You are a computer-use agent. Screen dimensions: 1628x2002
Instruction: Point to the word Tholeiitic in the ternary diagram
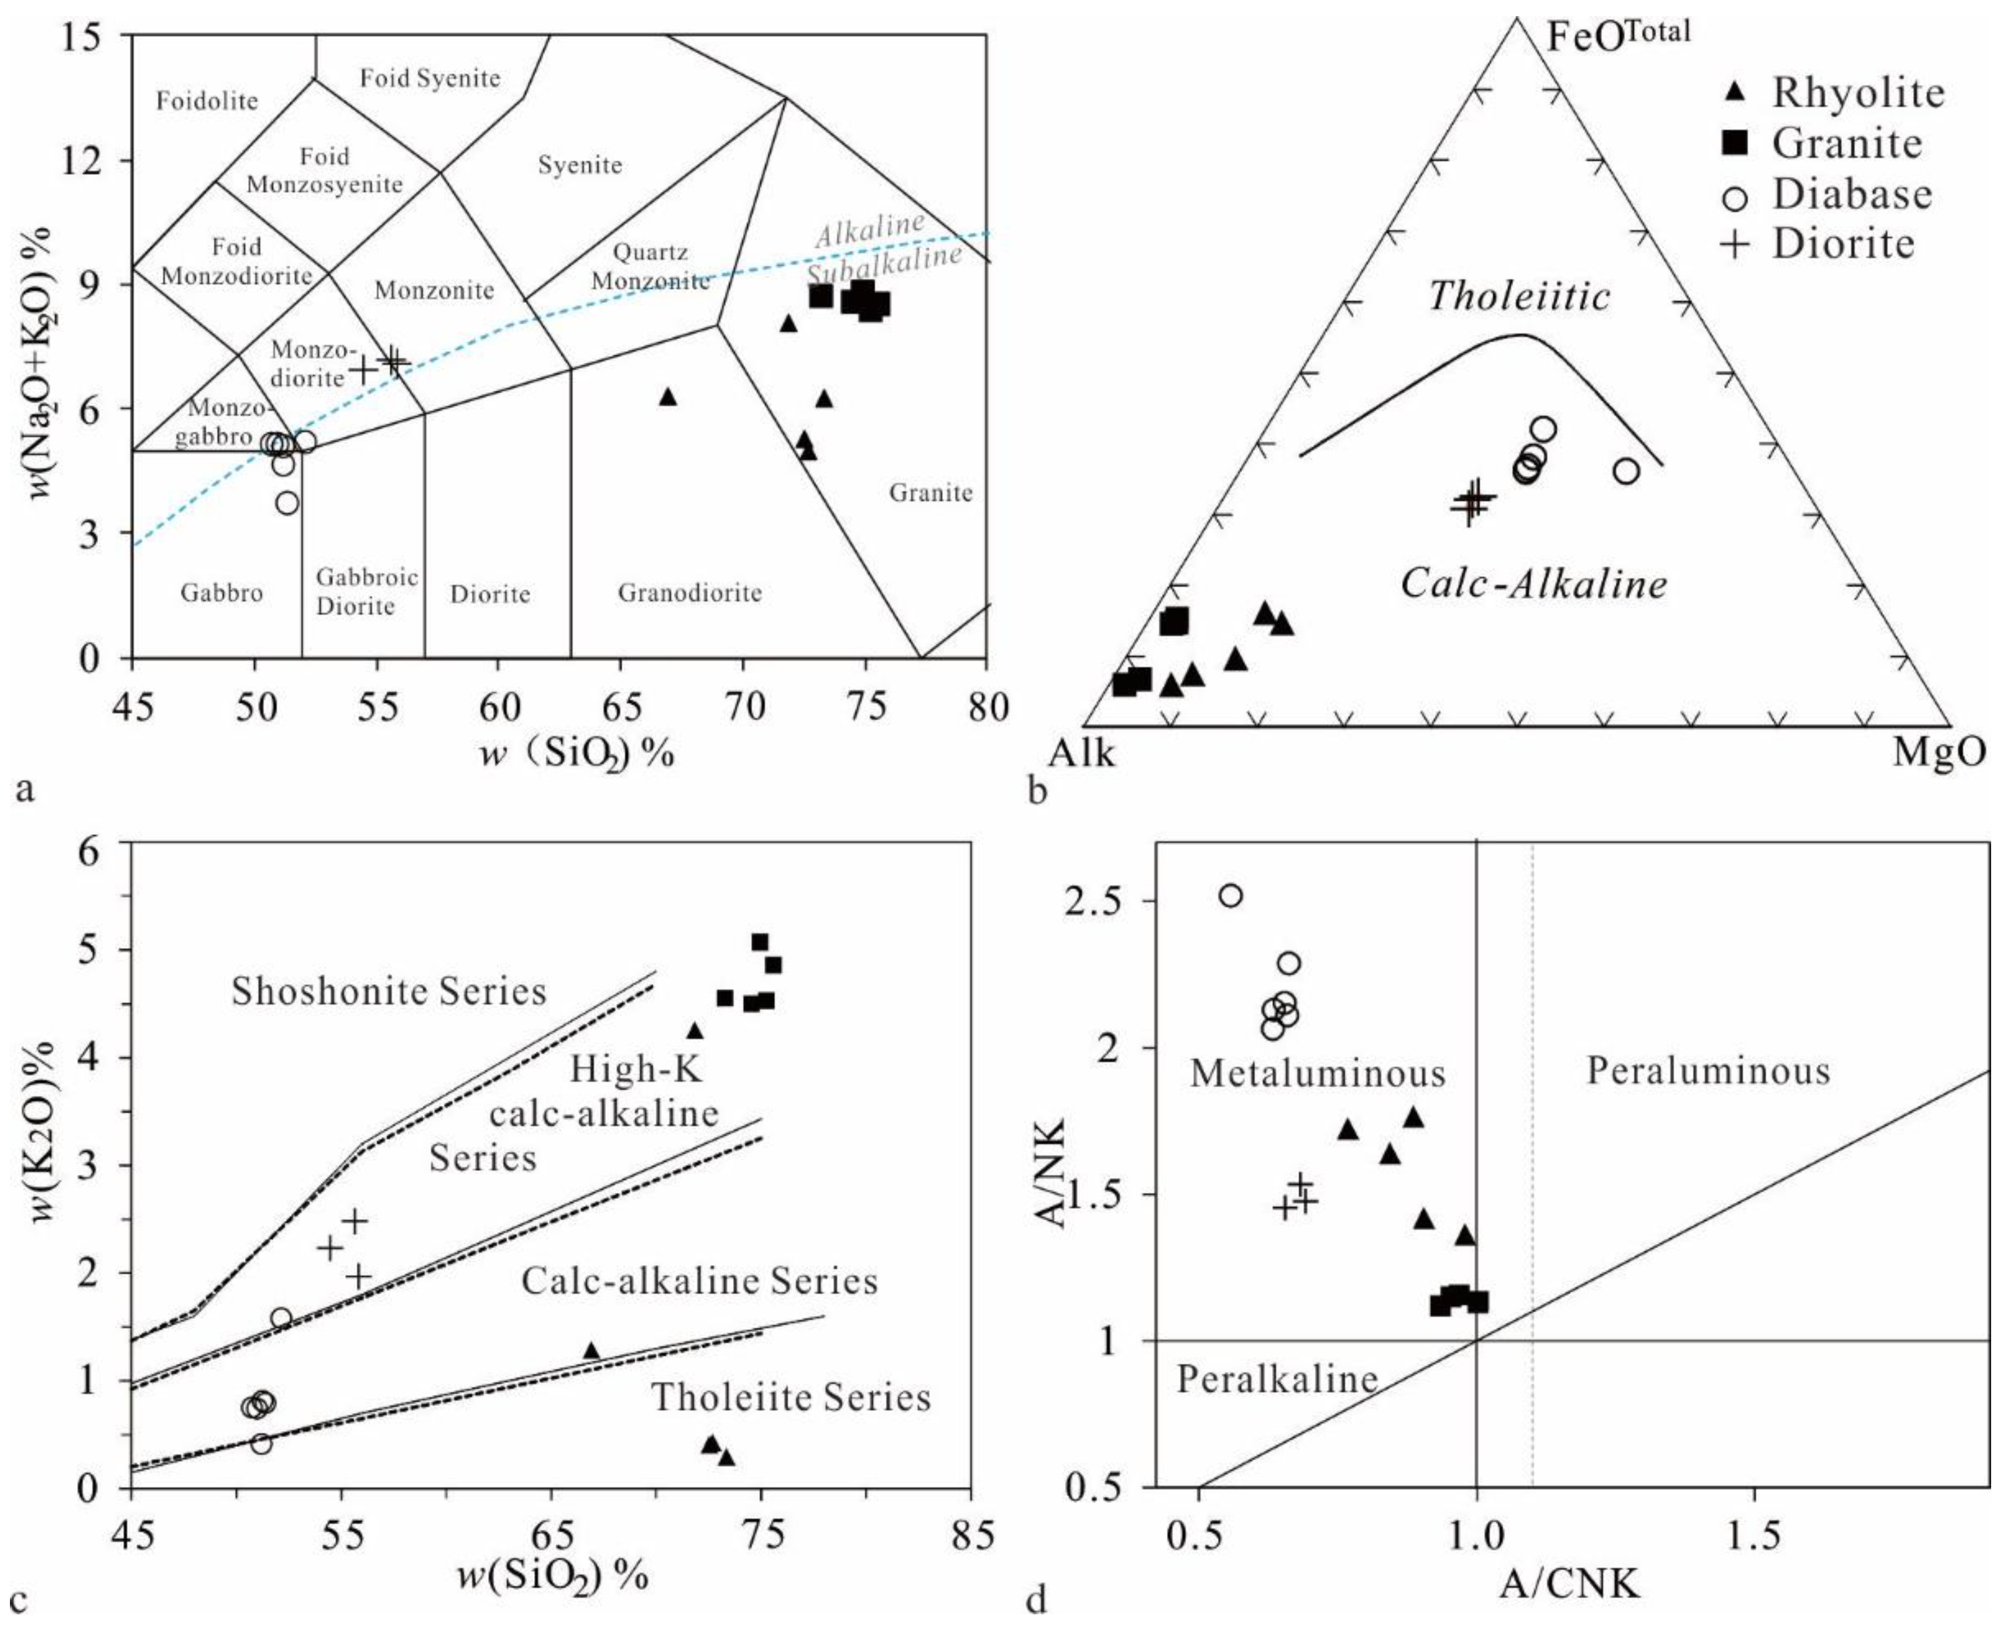[1519, 296]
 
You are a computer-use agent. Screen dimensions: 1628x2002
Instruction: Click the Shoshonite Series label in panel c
[388, 991]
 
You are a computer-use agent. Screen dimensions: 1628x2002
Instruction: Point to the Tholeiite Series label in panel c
[790, 1397]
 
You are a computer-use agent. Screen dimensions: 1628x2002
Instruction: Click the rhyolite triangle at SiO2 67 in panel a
[668, 397]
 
